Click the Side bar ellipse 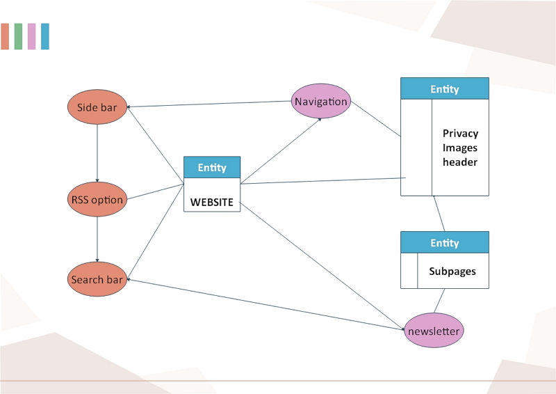97,108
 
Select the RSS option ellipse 97,200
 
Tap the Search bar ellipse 97,280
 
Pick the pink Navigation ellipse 320,102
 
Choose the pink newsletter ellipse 434,331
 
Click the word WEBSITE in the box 212,203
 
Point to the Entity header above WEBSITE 212,168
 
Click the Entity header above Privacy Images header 445,89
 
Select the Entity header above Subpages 445,243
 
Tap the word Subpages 452,271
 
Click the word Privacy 460,134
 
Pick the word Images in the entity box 460,148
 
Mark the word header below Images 460,162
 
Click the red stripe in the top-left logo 5,36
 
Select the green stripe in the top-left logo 18,36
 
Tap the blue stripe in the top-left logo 45,36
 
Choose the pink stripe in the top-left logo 31,36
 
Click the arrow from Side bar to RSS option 97,153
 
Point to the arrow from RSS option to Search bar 97,239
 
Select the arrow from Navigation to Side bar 208,104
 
